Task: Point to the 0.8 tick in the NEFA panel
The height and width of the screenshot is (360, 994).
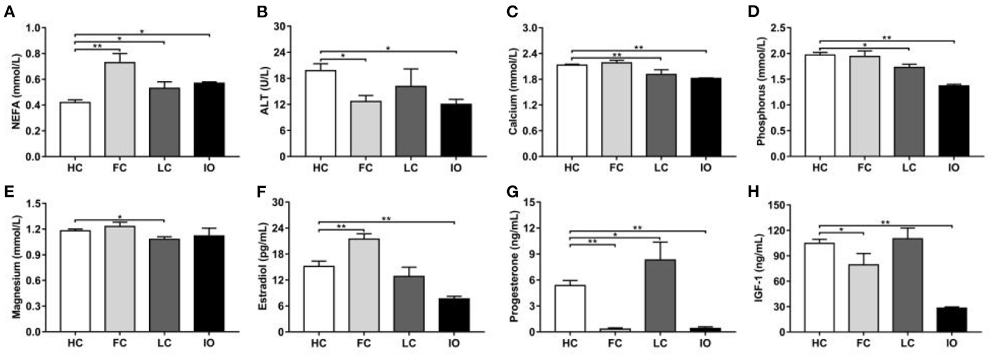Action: pyautogui.click(x=37, y=54)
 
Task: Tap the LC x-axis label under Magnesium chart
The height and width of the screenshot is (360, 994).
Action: pyautogui.click(x=164, y=342)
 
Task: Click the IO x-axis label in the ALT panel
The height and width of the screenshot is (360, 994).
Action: pyautogui.click(x=455, y=167)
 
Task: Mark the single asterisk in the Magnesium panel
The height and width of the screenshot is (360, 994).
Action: pyautogui.click(x=119, y=217)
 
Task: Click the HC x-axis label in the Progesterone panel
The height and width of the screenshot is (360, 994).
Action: pyautogui.click(x=570, y=342)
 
